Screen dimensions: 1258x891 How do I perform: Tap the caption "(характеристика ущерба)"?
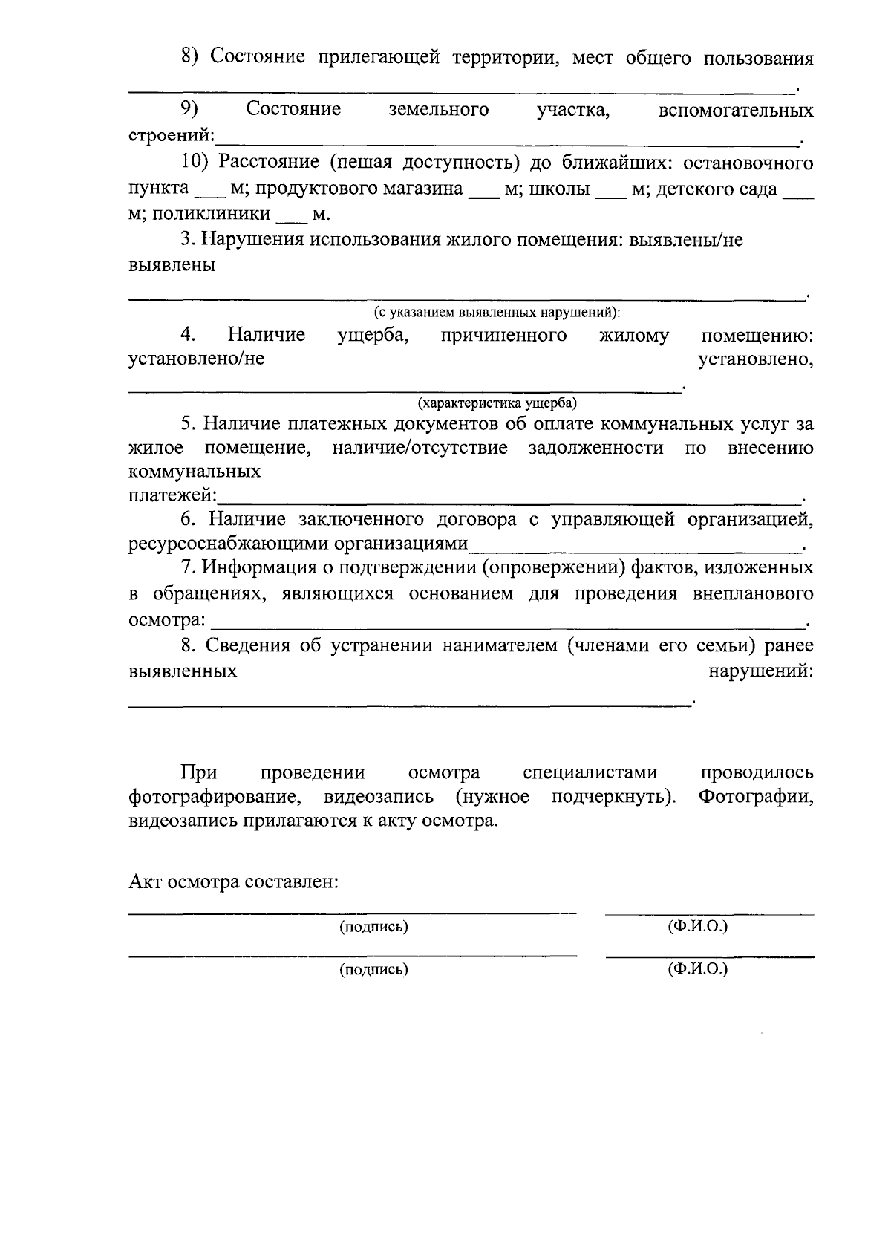click(497, 403)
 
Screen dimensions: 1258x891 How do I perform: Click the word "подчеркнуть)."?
click(614, 798)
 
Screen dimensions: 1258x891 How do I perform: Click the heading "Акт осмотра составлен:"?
click(234, 882)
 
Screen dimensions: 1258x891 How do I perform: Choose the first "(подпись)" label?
click(373, 927)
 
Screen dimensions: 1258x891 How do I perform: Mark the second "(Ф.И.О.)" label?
click(697, 969)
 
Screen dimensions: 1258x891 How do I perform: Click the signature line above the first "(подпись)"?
click(352, 911)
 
